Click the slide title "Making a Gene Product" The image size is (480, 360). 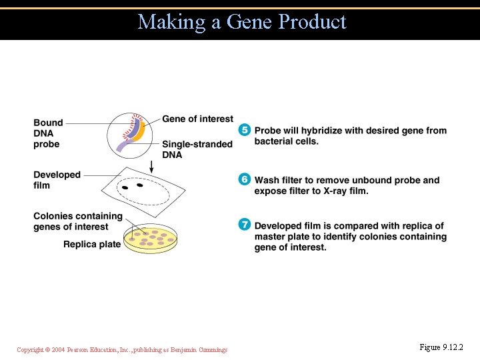click(x=242, y=22)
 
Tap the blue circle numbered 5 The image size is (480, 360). click(x=245, y=130)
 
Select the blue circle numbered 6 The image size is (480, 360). click(x=245, y=179)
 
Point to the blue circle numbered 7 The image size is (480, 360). click(x=245, y=225)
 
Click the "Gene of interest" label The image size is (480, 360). click(x=198, y=119)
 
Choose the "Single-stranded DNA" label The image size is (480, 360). click(x=197, y=149)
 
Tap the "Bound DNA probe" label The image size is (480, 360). click(x=48, y=133)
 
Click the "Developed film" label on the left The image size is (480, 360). click(x=57, y=180)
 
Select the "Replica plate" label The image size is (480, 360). click(x=92, y=244)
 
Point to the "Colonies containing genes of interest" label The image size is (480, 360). click(x=78, y=221)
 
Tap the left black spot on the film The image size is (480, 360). click(x=125, y=187)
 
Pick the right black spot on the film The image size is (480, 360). click(x=140, y=185)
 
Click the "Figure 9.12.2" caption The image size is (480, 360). click(x=441, y=347)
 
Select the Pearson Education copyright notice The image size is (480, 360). click(x=122, y=349)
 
